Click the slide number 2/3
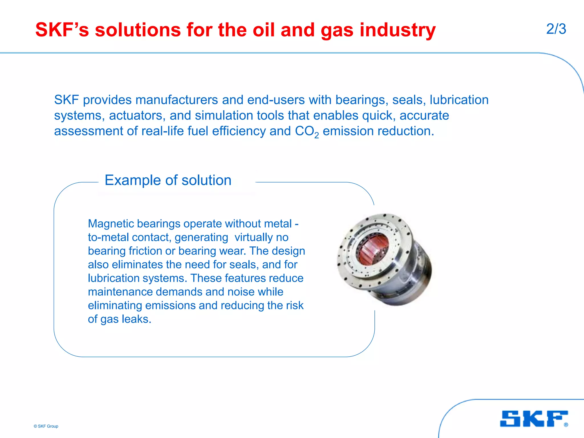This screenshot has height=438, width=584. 556,29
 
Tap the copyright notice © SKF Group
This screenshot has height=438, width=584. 46,426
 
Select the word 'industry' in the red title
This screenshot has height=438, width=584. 398,30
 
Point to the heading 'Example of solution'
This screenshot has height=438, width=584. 168,180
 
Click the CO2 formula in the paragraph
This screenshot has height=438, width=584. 307,131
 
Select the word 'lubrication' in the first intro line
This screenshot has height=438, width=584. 459,100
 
